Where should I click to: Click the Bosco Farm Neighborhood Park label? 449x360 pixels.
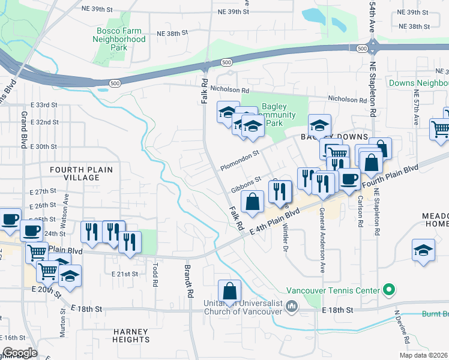tap(119, 39)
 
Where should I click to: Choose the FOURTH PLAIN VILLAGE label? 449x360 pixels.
tap(81, 174)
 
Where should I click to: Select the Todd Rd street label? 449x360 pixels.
tap(155, 273)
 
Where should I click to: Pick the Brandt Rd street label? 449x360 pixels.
tap(188, 284)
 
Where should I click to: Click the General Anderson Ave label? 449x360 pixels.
tap(322, 240)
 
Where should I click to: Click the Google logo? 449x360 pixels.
tap(19, 352)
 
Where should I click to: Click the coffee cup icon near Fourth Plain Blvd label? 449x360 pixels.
tap(349, 178)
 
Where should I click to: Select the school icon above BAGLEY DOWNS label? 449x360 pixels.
tap(319, 125)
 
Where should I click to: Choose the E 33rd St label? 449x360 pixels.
tap(46, 104)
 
